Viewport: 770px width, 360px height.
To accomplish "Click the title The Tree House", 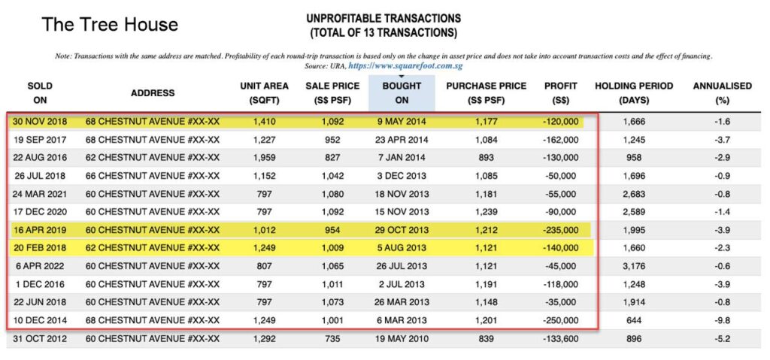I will (110, 25).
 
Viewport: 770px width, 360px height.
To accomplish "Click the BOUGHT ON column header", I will (401, 92).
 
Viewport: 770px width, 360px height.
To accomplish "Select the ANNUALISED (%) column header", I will (722, 92).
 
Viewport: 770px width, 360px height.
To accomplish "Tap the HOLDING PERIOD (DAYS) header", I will (634, 92).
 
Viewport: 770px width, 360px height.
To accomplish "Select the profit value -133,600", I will (560, 338).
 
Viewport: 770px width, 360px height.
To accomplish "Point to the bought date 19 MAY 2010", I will (401, 338).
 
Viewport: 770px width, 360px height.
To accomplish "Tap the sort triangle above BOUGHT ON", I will (401, 77).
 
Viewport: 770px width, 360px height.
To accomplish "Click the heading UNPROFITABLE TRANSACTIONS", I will (383, 18).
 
